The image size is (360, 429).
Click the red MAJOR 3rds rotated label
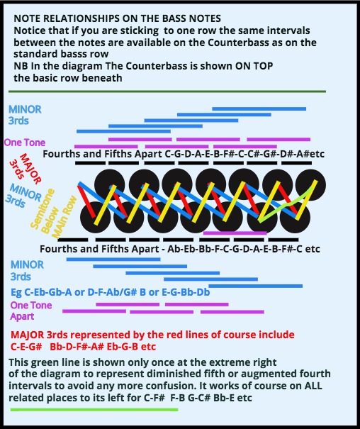pos(25,169)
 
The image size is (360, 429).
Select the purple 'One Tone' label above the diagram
pos(25,143)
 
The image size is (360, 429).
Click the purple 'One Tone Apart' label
pos(31,311)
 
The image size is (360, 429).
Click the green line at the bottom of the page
pos(94,410)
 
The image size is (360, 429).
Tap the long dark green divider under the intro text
pos(167,91)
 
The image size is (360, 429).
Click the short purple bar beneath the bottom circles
pos(235,233)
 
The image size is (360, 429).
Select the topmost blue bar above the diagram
pos(259,109)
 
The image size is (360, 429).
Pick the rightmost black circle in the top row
pos(310,184)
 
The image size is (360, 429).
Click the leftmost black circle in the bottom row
pos(95,218)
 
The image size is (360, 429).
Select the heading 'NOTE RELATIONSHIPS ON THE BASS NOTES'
pos(117,18)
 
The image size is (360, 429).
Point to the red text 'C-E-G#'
pos(26,347)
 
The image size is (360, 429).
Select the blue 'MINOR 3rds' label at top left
pos(25,115)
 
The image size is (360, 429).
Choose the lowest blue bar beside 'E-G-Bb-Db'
pos(255,286)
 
